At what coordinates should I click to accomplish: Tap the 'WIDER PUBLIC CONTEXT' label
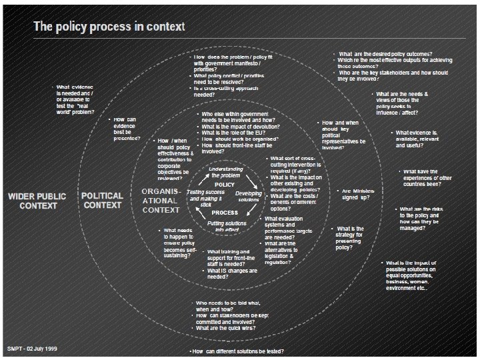point(38,201)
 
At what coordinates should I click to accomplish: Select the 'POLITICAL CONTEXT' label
point(102,201)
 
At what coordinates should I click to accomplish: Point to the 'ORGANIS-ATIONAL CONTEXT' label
point(161,201)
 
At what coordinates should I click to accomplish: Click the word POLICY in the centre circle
point(225,184)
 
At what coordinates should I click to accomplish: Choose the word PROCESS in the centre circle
point(225,213)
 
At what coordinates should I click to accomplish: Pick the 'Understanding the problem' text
point(226,172)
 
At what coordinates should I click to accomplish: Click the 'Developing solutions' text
point(249,197)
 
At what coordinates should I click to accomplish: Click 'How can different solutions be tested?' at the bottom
point(237,351)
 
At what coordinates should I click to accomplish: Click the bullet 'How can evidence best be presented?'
point(126,129)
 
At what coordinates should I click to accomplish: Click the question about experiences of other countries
point(427,179)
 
